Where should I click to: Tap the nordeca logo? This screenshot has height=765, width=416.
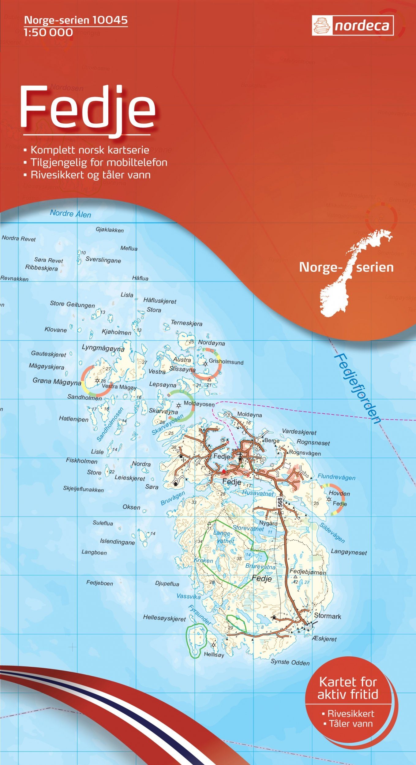(353, 26)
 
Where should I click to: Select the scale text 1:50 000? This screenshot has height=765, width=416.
(48, 32)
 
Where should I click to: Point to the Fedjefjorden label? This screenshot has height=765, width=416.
(357, 389)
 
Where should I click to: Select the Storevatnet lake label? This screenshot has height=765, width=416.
(248, 528)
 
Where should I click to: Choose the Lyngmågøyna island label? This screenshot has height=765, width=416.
(103, 348)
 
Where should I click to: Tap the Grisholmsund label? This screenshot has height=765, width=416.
(226, 362)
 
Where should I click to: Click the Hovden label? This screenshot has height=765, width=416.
(339, 493)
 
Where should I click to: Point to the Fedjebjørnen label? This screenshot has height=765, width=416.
(308, 572)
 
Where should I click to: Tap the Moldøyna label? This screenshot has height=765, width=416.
(249, 415)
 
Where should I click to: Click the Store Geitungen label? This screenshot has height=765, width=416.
(72, 304)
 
